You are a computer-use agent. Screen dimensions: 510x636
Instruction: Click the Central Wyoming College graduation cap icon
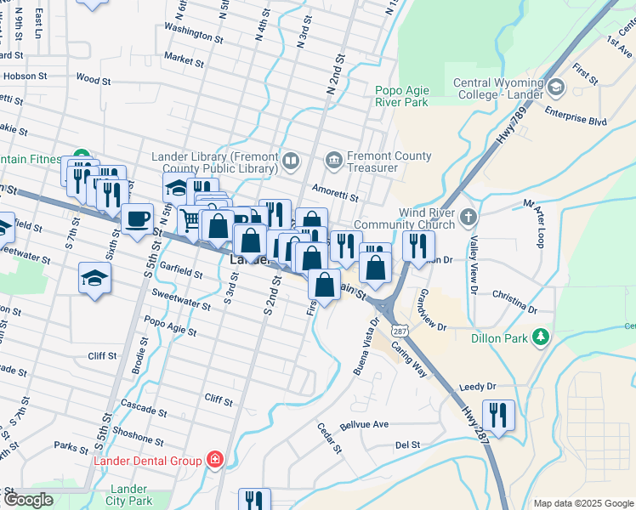(556, 88)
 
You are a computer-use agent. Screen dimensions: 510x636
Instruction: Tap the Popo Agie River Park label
(402, 95)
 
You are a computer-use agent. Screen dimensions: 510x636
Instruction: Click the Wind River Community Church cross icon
(468, 218)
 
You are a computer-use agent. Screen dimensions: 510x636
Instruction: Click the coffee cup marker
(137, 219)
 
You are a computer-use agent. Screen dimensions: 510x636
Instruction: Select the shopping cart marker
(191, 219)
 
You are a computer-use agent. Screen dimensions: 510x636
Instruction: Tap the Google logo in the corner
(27, 500)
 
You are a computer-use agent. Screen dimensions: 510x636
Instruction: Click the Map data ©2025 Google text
(582, 503)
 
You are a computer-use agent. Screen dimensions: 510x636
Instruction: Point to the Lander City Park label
(128, 496)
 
